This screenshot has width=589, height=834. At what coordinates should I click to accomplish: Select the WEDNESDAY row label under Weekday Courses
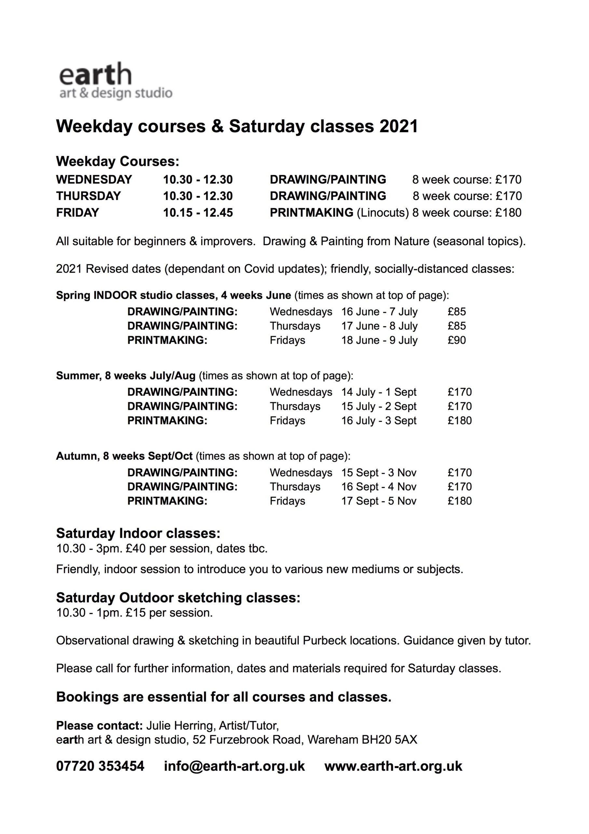pos(94,180)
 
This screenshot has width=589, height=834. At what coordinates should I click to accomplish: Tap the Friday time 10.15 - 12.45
pos(198,212)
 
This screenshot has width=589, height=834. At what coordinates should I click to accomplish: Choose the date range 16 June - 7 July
pos(379,312)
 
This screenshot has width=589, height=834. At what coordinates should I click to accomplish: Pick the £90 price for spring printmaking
pos(457,340)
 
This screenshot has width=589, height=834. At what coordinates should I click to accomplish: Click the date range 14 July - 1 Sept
pos(378,392)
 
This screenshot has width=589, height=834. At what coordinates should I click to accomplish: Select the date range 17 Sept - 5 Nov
pos(378,501)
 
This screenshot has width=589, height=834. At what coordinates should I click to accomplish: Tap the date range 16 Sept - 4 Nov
pos(378,487)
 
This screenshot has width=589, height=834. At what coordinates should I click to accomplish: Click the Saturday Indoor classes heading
pos(138,533)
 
